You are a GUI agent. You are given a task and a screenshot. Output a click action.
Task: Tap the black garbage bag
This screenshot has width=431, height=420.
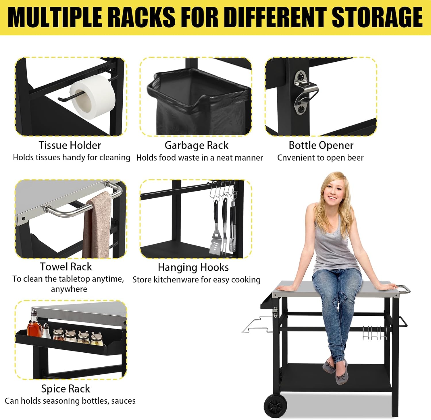pyautogui.click(x=198, y=103)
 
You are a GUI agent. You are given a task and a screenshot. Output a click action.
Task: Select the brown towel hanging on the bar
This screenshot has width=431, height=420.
pyautogui.click(x=97, y=225)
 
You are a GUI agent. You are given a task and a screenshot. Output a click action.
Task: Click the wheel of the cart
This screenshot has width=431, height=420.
pyautogui.click(x=276, y=406)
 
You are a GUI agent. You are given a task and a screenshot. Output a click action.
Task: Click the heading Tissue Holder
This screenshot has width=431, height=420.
pyautogui.click(x=70, y=145)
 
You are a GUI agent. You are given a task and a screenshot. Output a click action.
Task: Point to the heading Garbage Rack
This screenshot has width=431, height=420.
pyautogui.click(x=197, y=146)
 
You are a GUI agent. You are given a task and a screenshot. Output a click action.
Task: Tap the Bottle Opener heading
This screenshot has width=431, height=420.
pyautogui.click(x=321, y=146)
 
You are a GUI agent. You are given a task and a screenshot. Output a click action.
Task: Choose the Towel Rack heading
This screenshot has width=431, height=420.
pyautogui.click(x=66, y=267)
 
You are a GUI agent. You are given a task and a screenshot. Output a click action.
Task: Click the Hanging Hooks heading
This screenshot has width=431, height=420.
pyautogui.click(x=193, y=267)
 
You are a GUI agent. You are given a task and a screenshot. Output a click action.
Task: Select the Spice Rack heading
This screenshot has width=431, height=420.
pyautogui.click(x=66, y=389)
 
